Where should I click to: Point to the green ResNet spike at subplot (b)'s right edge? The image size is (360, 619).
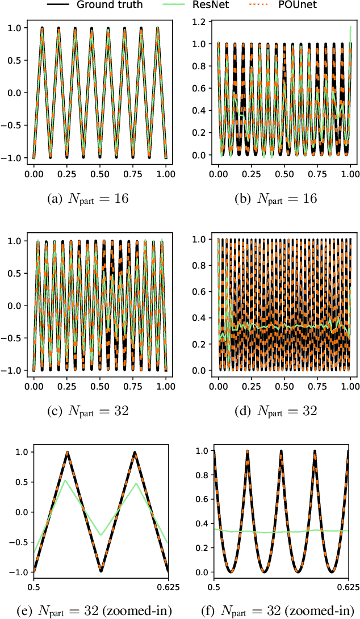pyautogui.click(x=350, y=27)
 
